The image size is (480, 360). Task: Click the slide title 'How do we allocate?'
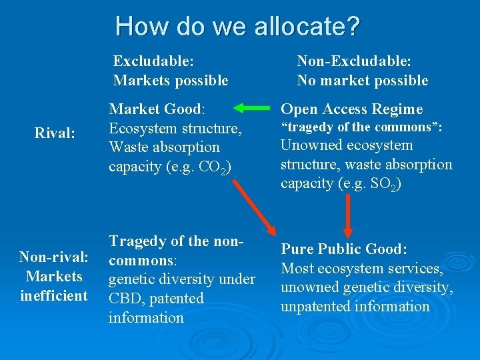coord(237,27)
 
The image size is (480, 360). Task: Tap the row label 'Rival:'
coord(54,133)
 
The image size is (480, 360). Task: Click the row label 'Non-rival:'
coord(54,257)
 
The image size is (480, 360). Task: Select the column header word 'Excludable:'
coord(153,61)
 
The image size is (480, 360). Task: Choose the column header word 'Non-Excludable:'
coord(353,61)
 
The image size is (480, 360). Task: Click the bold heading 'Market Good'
coord(155,109)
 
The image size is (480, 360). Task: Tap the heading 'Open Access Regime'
coord(351,109)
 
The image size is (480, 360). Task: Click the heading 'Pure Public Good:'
coord(343,249)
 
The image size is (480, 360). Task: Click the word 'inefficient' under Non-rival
coord(54,295)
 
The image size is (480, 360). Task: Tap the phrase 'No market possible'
coord(362,81)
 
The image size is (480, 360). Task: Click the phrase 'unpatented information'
coord(355,307)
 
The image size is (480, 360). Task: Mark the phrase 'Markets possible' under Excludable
coord(171,81)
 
